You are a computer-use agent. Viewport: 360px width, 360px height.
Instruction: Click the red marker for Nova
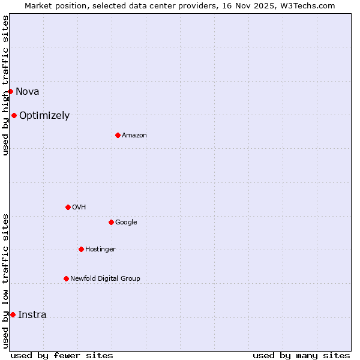10,91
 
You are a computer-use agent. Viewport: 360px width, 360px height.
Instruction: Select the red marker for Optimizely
14,115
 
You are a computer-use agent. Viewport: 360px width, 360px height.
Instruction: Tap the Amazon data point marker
118,135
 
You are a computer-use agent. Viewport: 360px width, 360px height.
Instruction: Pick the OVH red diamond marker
68,207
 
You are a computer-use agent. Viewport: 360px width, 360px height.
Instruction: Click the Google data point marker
111,222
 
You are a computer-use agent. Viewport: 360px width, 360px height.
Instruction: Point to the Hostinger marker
81,249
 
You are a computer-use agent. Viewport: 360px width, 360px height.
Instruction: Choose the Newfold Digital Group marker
66,278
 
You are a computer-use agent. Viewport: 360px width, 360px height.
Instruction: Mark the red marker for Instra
13,314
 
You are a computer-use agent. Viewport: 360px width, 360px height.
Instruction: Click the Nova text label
27,92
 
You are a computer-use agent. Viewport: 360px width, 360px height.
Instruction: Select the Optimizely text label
44,116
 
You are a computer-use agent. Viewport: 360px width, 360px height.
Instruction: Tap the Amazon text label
134,136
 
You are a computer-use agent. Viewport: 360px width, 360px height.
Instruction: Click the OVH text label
79,208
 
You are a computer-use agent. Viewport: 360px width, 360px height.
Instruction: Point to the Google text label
126,223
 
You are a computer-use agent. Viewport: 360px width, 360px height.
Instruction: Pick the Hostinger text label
100,250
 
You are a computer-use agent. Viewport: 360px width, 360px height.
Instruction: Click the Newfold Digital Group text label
105,279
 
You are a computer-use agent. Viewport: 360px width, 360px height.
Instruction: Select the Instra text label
32,315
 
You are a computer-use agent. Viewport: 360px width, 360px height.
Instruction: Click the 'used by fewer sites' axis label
62,355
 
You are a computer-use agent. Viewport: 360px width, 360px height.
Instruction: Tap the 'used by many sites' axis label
301,355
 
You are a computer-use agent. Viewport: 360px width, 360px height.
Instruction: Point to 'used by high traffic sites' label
5,85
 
